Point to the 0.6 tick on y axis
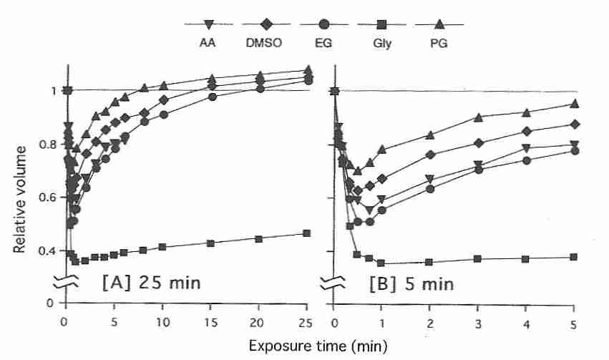click(44, 198)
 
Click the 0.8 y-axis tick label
click(44, 144)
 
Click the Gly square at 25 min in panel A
click(307, 233)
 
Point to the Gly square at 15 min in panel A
click(211, 243)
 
